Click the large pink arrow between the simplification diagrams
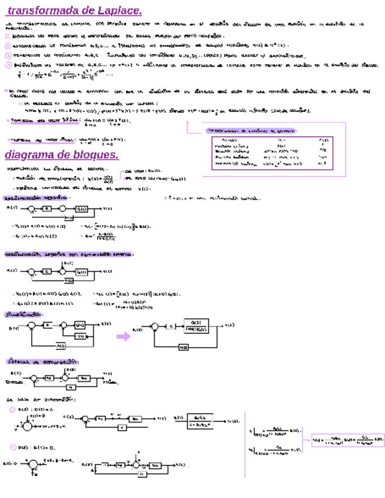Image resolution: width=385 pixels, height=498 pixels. click(123, 336)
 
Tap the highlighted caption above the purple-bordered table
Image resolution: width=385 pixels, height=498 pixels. click(251, 130)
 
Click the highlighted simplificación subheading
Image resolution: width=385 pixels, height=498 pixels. click(23, 314)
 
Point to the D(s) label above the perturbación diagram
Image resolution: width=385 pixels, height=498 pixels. click(69, 263)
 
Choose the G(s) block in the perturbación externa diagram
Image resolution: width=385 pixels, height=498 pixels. click(83, 271)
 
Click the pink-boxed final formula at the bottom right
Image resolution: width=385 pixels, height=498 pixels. click(347, 440)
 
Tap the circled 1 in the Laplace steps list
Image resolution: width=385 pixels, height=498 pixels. click(8, 36)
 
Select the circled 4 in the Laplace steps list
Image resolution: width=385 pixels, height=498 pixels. click(8, 65)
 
